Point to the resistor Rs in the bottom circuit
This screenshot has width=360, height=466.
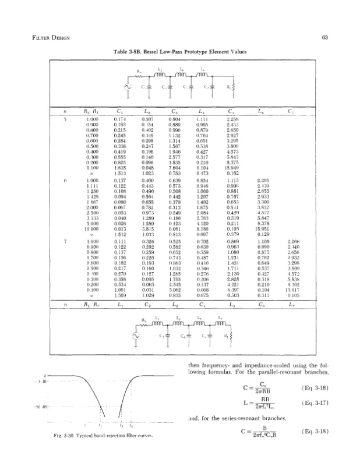click(x=153, y=323)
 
